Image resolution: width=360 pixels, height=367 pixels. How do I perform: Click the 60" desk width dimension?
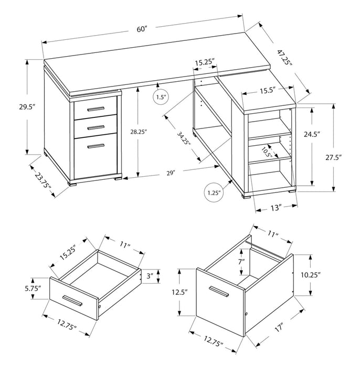(142, 29)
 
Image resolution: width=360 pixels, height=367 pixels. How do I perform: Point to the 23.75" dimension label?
(45, 180)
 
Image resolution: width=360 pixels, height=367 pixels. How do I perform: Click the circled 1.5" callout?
(161, 97)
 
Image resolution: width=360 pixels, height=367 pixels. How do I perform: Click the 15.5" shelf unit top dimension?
(267, 90)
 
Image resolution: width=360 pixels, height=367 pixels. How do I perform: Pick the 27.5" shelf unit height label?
(345, 157)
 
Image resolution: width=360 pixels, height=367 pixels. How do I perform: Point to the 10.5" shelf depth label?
(266, 152)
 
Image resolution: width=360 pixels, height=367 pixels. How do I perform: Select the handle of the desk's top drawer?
(96, 109)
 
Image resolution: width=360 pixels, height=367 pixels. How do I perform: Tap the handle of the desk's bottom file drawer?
(96, 146)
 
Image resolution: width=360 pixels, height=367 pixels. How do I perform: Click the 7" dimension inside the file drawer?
(241, 262)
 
